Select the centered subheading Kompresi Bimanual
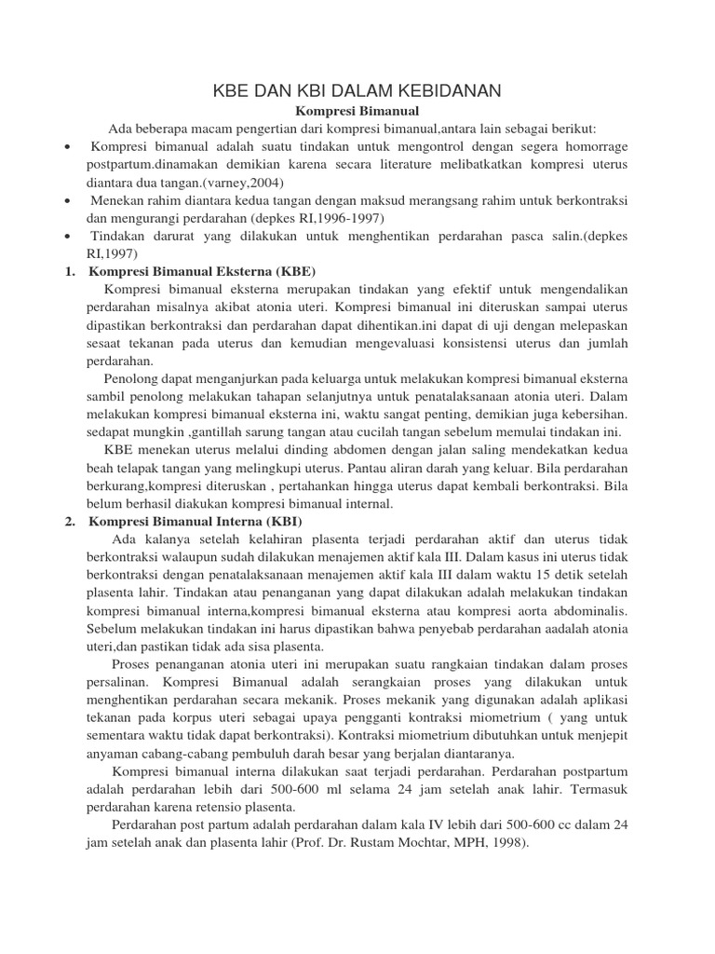pos(357,111)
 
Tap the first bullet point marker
pos(69,147)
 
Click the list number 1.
pos(70,271)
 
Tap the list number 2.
pos(70,522)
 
